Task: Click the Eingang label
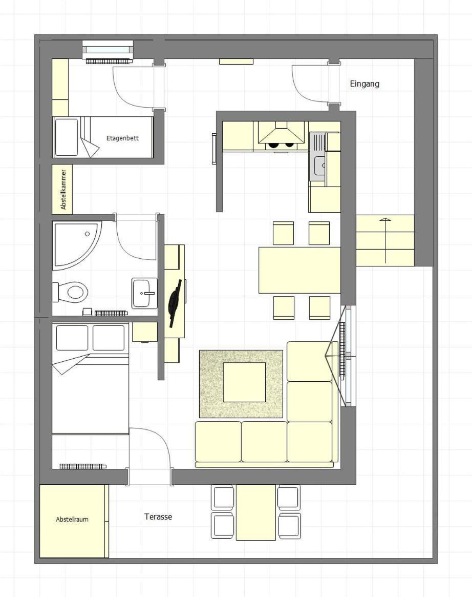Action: tap(364, 84)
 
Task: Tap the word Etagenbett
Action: tap(122, 138)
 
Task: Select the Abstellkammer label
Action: tap(63, 189)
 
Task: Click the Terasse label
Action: tap(158, 517)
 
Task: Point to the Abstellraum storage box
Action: tap(72, 521)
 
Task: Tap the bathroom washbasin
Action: tap(144, 293)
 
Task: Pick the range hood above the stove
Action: tap(282, 133)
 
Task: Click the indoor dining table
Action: tap(299, 271)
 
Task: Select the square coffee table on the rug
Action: tap(244, 382)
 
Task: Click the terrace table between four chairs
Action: tap(256, 512)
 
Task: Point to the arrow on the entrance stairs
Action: tap(385, 241)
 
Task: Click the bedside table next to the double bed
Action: tap(145, 332)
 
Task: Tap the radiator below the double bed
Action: tap(83, 466)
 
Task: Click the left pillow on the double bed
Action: tap(72, 337)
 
